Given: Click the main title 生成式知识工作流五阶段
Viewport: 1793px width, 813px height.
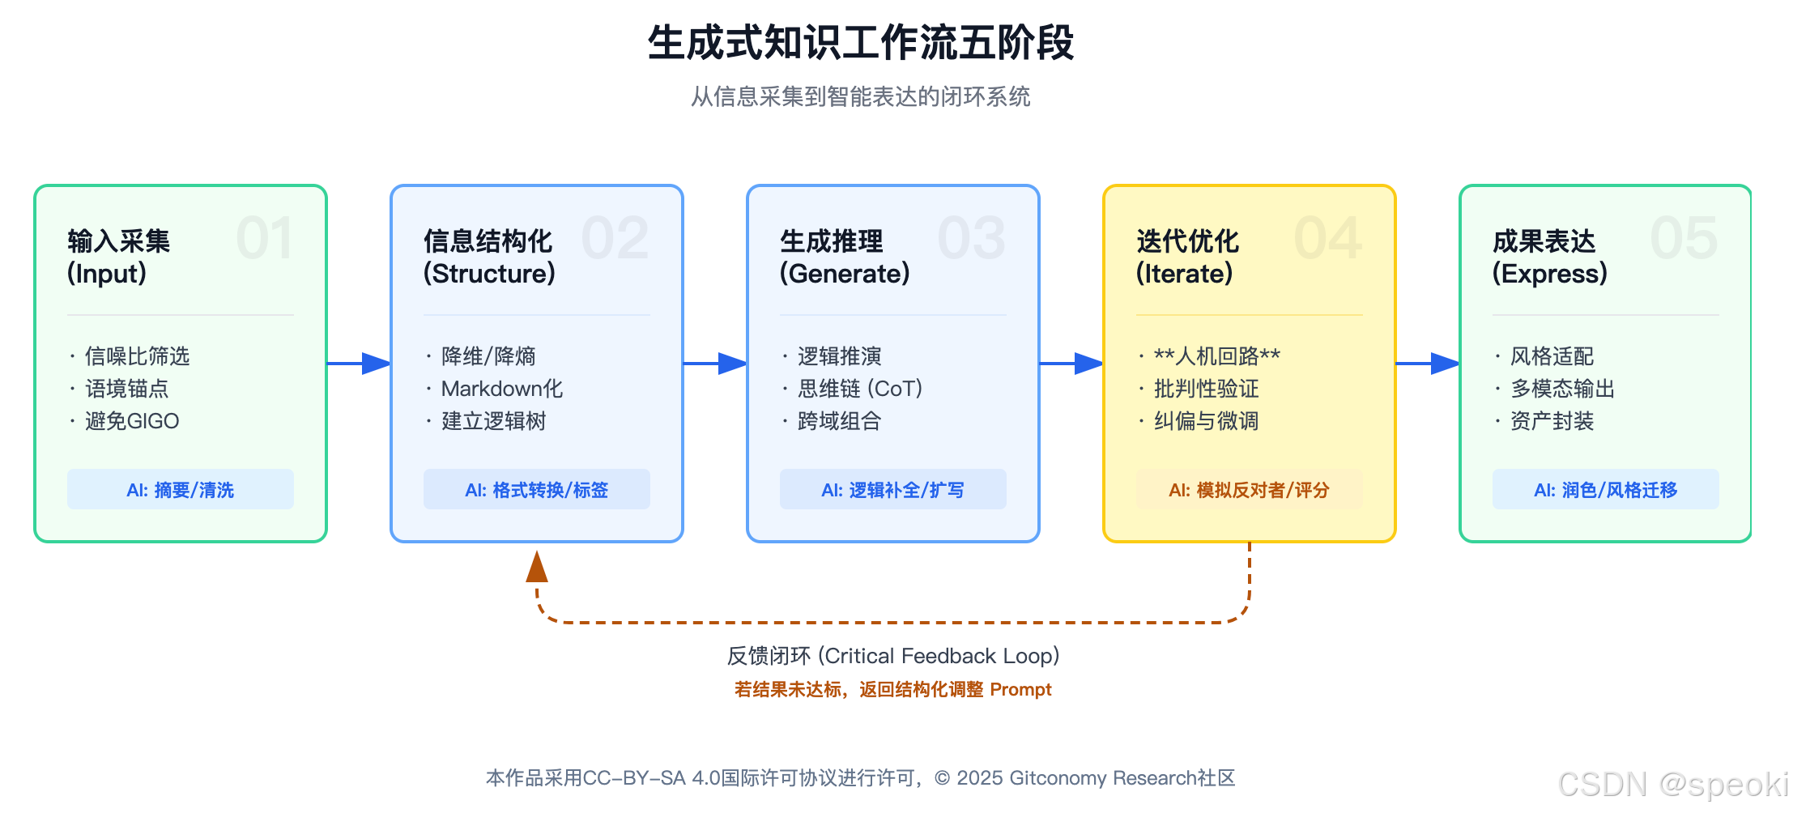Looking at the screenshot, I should [x=860, y=43].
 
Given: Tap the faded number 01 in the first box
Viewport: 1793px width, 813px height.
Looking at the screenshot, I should [x=264, y=239].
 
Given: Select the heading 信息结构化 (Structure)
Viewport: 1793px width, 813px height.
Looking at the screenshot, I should [x=489, y=257].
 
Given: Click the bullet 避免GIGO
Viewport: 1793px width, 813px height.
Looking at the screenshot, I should [x=131, y=421].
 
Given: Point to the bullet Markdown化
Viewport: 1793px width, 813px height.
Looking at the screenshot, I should [x=501, y=389].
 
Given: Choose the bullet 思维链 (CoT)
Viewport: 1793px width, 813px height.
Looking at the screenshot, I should [x=859, y=389].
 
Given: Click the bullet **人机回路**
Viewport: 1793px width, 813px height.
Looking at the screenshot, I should [x=1216, y=356].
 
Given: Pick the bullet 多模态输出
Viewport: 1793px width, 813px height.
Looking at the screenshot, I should [x=1561, y=389].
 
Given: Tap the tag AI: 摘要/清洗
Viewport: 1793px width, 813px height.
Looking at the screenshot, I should [x=180, y=490].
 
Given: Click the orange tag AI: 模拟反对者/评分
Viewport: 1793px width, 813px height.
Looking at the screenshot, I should [x=1249, y=490].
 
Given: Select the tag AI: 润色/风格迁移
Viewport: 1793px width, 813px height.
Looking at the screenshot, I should [x=1605, y=490].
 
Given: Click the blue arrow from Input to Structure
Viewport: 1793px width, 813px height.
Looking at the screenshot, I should [x=359, y=364].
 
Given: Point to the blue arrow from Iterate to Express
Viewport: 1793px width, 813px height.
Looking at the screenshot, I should [x=1428, y=364].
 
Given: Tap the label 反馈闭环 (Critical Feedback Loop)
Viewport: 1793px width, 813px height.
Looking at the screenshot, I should [x=892, y=656].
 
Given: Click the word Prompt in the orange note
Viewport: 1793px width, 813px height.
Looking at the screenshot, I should [x=1020, y=690].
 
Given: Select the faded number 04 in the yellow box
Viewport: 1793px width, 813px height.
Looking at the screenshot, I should [x=1327, y=239].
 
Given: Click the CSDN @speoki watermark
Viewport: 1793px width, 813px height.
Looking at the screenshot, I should [x=1672, y=785].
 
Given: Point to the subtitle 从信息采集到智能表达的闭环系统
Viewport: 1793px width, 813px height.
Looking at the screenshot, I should [x=860, y=97].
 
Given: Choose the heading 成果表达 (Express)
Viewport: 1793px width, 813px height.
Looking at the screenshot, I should [x=1548, y=257].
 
